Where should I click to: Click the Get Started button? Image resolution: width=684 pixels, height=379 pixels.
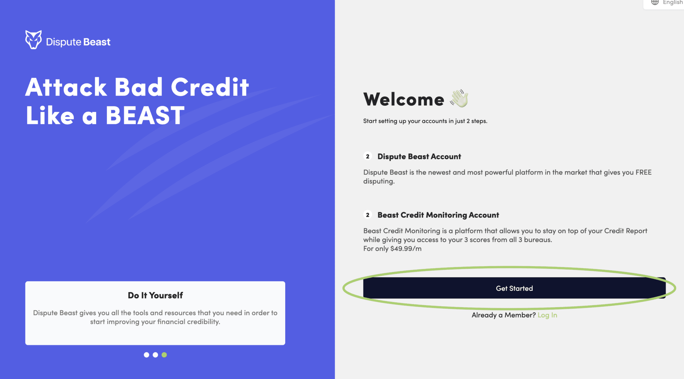514,288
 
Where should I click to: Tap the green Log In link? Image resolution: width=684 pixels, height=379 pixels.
547,315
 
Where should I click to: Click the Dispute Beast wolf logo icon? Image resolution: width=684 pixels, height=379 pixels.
33,40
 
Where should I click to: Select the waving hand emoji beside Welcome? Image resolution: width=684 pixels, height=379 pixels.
459,98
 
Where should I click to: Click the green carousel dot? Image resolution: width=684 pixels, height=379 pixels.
164,355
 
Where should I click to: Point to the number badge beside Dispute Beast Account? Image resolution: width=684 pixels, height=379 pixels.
368,156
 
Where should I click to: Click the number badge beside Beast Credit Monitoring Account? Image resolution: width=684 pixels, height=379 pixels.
368,215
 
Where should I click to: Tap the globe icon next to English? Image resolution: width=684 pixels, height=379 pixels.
655,2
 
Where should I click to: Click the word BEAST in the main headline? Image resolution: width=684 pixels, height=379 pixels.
145,115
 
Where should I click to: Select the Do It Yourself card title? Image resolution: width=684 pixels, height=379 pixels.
155,295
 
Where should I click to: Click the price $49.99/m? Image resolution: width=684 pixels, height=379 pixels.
406,248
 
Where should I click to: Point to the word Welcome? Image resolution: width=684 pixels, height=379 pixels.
404,99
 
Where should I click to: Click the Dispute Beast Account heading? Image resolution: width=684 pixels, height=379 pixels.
419,156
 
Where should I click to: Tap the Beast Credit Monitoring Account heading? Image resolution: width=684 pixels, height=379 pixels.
438,215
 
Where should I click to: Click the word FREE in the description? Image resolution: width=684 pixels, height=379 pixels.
644,172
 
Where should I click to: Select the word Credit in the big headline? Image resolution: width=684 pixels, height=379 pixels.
210,87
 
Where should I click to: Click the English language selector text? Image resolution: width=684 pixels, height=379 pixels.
673,2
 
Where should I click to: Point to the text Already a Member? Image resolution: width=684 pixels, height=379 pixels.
504,315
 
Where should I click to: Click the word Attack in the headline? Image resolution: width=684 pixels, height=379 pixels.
66,87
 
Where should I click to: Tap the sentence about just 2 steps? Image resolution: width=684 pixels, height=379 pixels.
425,121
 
